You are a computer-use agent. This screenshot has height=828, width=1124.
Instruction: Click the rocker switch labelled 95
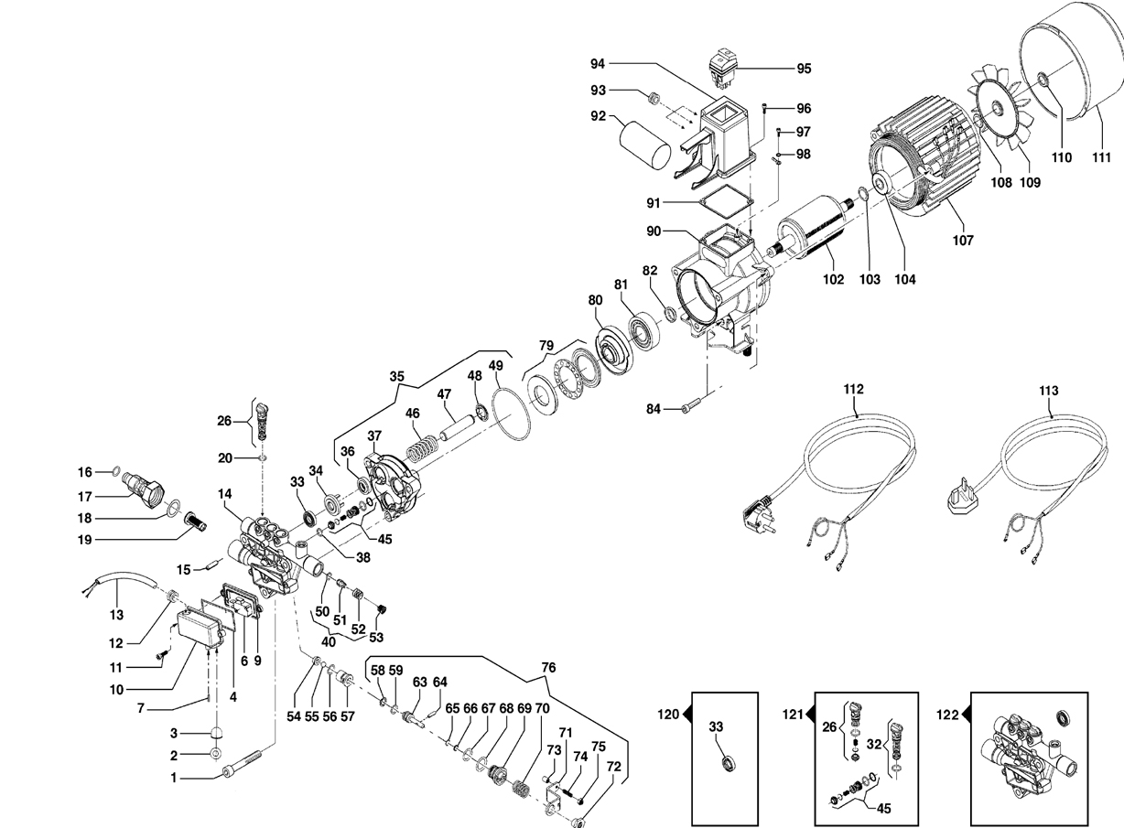pyautogui.click(x=722, y=66)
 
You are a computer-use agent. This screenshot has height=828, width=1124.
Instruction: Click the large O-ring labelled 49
pyautogui.click(x=512, y=414)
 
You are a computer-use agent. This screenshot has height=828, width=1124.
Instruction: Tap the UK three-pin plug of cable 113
pyautogui.click(x=959, y=500)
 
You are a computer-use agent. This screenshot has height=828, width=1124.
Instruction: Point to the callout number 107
pyautogui.click(x=963, y=241)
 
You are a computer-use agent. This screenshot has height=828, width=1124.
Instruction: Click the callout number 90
pyautogui.click(x=654, y=231)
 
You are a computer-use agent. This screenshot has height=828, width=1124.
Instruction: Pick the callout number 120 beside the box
pyautogui.click(x=668, y=715)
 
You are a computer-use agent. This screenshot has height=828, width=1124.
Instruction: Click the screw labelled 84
pyautogui.click(x=691, y=405)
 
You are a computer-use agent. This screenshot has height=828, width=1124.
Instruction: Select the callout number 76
pyautogui.click(x=548, y=668)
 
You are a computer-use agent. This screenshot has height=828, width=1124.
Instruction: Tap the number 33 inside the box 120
pyautogui.click(x=716, y=726)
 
